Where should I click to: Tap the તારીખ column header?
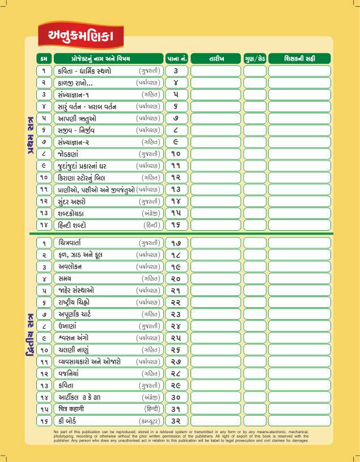(x=215, y=58)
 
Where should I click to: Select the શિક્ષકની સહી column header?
(x=299, y=58)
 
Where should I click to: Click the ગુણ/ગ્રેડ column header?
(x=255, y=58)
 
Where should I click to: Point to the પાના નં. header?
(x=176, y=58)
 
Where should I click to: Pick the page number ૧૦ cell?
(x=176, y=154)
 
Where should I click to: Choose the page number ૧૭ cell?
(x=176, y=243)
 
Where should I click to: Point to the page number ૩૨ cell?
(x=176, y=421)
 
